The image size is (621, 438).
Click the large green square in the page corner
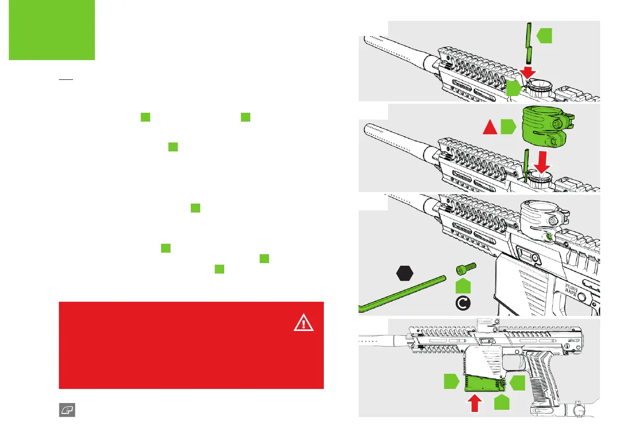(x=52, y=30)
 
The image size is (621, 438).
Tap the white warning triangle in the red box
(x=303, y=324)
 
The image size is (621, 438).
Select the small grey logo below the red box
(x=66, y=410)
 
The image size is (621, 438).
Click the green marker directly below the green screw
(x=463, y=286)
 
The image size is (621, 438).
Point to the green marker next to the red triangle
(x=508, y=127)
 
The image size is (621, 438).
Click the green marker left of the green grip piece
(x=452, y=382)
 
